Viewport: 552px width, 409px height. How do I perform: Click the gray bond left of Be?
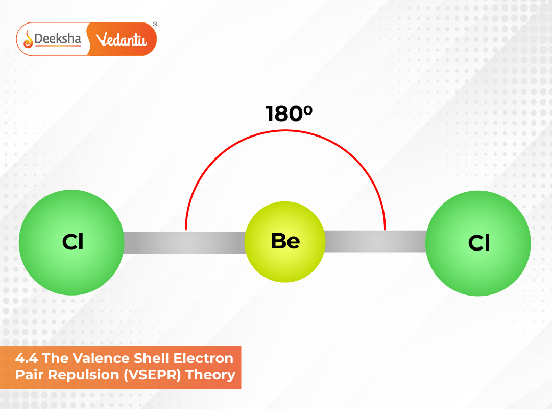184,242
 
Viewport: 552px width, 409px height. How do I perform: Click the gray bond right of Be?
375,241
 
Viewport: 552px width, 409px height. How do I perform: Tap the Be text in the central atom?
285,241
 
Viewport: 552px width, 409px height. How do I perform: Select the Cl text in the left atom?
73,243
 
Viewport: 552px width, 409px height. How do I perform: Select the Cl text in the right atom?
479,243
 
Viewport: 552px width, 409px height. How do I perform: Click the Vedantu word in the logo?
122,39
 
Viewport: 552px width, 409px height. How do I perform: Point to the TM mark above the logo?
155,24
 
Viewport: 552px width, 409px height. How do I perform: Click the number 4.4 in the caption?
27,358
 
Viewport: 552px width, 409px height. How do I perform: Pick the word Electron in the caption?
206,358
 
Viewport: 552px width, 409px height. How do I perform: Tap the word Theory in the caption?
211,375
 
